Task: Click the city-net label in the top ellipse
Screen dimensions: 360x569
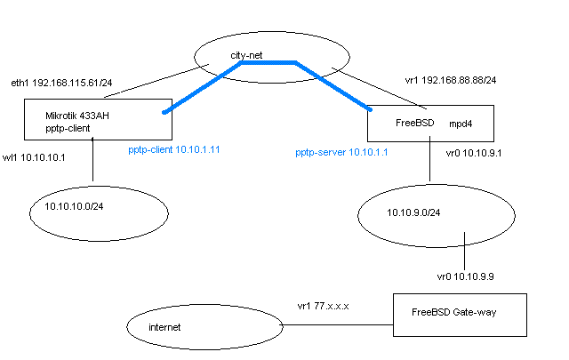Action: tap(247, 55)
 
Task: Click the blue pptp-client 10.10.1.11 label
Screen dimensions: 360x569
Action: tap(174, 149)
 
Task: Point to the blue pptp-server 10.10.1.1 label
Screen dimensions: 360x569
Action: tap(348, 153)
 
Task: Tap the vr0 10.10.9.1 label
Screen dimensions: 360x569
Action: tap(475, 152)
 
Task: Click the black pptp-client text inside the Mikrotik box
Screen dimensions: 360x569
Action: tap(68, 128)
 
